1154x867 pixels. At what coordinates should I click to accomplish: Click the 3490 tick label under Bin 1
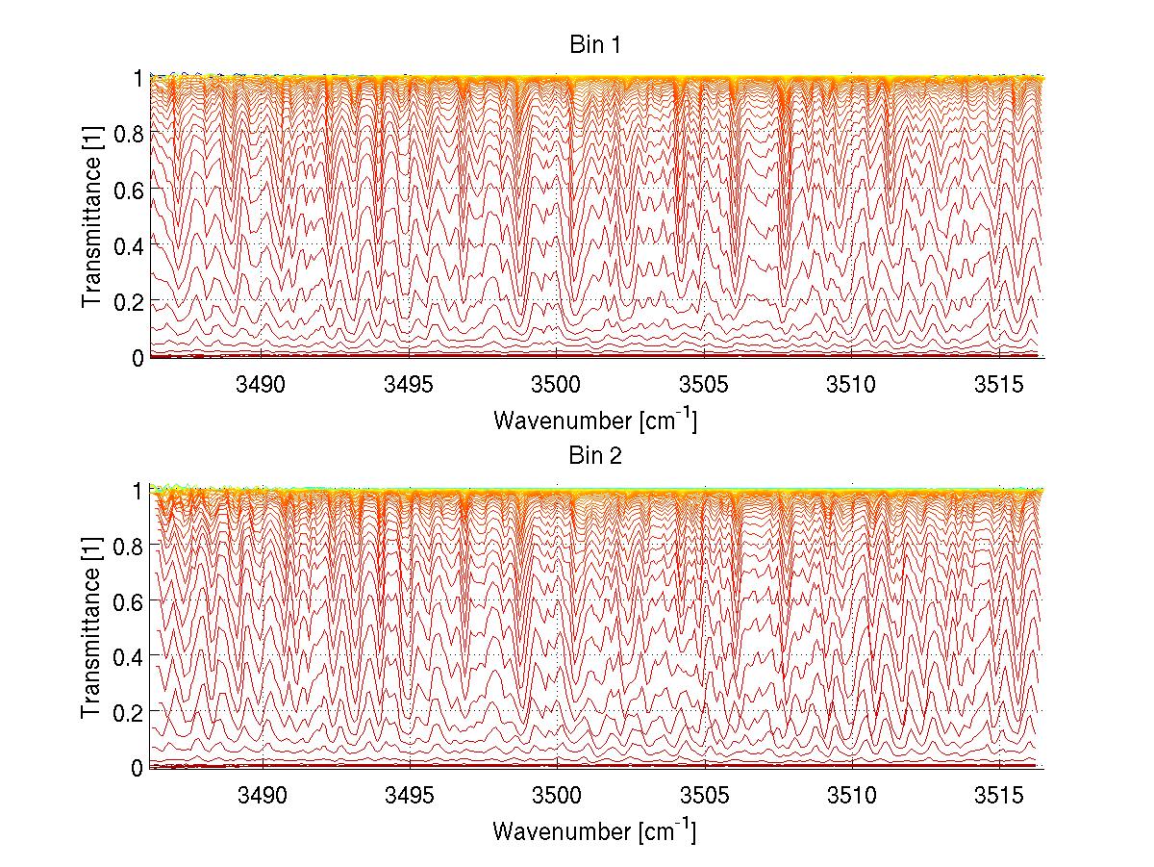pyautogui.click(x=263, y=386)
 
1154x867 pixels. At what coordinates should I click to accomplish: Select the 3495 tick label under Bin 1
pyautogui.click(x=411, y=386)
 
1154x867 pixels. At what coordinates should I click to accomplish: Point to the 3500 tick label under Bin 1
pyautogui.click(x=558, y=386)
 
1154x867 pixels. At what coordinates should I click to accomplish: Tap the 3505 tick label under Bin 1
pyautogui.click(x=705, y=386)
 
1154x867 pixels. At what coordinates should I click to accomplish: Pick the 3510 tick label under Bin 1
pyautogui.click(x=853, y=386)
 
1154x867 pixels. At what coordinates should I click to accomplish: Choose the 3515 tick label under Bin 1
pyautogui.click(x=1000, y=386)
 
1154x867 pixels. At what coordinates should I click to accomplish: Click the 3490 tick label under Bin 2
pyautogui.click(x=263, y=796)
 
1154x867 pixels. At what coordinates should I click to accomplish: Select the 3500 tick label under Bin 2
pyautogui.click(x=558, y=796)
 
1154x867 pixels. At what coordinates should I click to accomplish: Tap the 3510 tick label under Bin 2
pyautogui.click(x=853, y=796)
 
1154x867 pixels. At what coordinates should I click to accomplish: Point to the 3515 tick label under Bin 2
pyautogui.click(x=1000, y=796)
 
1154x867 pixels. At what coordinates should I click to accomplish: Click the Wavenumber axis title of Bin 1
pyautogui.click(x=594, y=421)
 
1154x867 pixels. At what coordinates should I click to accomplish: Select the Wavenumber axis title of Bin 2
pyautogui.click(x=594, y=830)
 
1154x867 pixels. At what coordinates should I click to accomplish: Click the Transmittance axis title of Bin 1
pyautogui.click(x=92, y=217)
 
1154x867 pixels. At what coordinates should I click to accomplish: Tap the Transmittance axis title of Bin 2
pyautogui.click(x=92, y=628)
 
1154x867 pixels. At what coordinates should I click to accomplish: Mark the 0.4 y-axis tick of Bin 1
pyautogui.click(x=129, y=245)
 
